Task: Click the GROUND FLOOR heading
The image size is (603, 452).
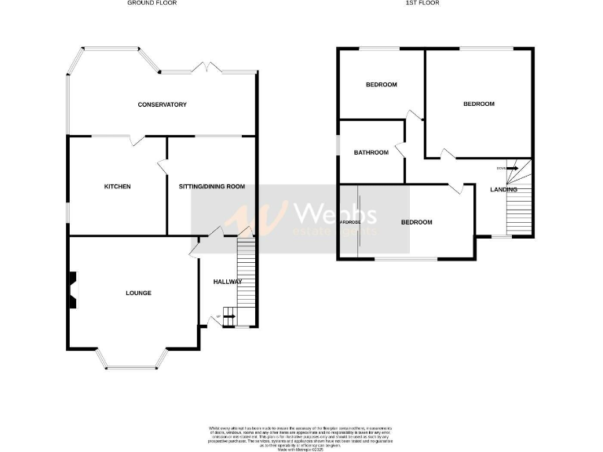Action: (152, 3)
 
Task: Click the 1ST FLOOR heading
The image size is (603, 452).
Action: (422, 3)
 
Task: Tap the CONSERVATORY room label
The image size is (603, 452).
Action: (162, 104)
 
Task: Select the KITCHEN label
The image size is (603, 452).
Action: (117, 187)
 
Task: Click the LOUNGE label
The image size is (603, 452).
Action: (138, 293)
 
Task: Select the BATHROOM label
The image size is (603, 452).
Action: (371, 152)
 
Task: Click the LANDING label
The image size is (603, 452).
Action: (503, 190)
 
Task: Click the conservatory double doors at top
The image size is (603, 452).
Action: (209, 69)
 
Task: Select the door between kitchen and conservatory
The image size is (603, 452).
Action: (137, 140)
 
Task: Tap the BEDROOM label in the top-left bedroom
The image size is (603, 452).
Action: (382, 85)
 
